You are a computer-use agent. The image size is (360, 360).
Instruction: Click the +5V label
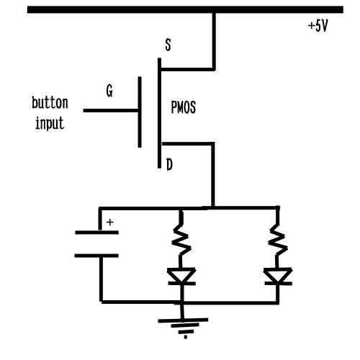318,26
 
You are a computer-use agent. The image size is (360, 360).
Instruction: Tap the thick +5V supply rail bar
185,9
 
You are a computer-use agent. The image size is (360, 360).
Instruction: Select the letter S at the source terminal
168,45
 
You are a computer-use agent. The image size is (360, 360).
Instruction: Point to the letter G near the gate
109,91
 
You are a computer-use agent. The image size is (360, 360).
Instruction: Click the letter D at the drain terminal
169,165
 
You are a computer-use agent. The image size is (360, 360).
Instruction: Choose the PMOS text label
184,107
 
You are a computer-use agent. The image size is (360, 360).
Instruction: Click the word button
50,103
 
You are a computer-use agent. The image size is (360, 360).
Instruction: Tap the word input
50,123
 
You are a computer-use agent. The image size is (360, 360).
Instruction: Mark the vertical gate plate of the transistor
140,112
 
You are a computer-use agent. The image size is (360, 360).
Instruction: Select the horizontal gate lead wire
111,110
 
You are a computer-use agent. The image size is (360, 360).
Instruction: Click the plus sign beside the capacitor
110,222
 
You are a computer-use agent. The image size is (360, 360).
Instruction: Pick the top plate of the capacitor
96,233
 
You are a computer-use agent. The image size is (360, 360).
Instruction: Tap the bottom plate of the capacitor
96,256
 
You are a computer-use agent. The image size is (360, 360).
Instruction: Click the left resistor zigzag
181,240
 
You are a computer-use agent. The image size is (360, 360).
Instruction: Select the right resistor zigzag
278,240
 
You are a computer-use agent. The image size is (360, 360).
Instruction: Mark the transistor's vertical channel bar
159,113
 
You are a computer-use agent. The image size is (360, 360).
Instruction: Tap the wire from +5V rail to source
213,41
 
